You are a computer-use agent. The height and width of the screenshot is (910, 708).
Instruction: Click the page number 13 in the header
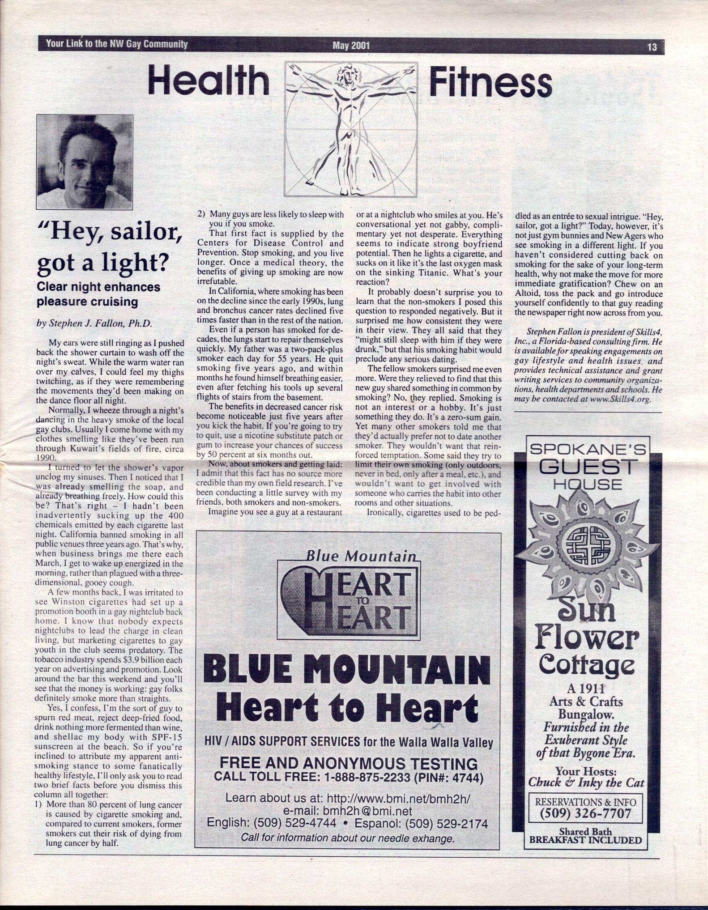(652, 47)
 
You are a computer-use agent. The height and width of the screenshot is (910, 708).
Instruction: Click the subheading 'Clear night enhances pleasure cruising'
(98, 294)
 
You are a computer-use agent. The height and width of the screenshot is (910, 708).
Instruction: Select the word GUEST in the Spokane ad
(586, 467)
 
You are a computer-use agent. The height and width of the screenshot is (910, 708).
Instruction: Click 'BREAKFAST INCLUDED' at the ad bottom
(585, 840)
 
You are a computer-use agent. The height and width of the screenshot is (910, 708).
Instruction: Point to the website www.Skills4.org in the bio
(619, 400)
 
